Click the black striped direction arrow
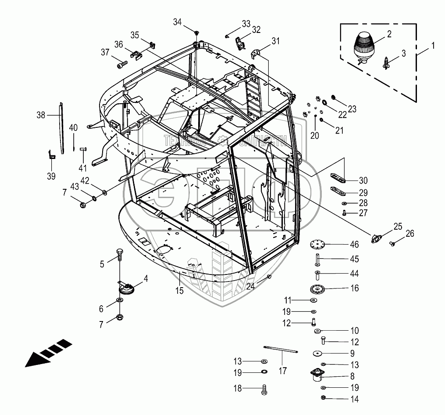point(48,352)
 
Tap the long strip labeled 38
point(61,127)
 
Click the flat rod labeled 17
point(281,350)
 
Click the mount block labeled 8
point(316,376)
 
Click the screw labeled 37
point(121,65)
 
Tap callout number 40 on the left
point(74,128)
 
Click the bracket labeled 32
point(240,43)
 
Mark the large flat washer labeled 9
point(317,354)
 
